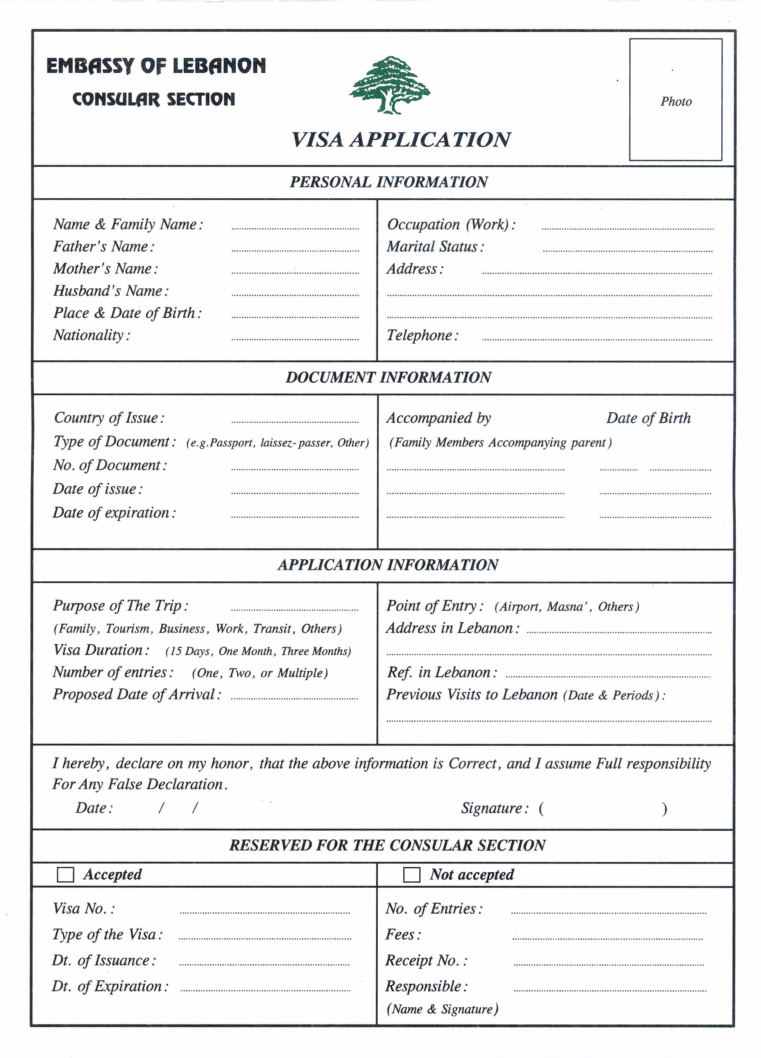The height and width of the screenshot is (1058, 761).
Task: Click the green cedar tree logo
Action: [390, 85]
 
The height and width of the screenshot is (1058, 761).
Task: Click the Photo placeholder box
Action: [675, 100]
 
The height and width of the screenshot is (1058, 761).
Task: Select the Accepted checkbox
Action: [65, 875]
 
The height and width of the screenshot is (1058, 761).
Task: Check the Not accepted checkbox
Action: [411, 875]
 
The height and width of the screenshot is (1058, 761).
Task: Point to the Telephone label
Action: [422, 335]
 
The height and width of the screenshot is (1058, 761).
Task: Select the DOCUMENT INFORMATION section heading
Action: [388, 377]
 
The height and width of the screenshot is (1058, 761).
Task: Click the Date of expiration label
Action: [114, 513]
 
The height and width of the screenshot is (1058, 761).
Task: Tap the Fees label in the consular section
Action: [403, 934]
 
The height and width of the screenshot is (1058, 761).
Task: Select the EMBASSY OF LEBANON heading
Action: [156, 66]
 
